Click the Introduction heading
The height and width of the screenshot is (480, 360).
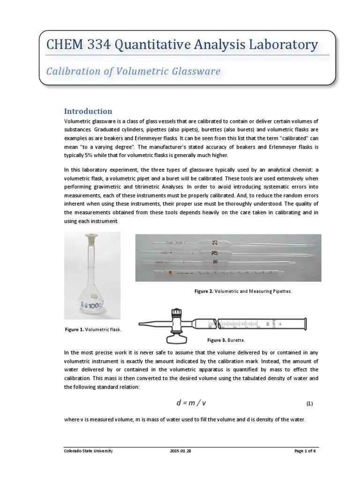88,111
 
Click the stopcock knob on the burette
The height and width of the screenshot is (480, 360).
177,313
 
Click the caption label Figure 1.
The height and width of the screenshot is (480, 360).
75,330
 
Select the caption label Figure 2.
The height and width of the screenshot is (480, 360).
204,291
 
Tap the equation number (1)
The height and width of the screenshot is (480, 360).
309,404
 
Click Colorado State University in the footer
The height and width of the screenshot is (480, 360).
88,451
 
